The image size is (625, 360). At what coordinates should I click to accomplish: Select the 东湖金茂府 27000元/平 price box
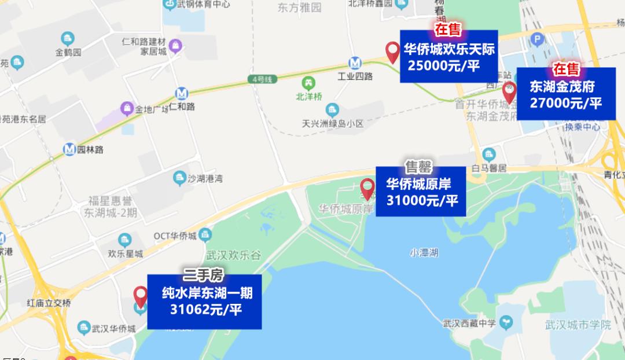click(x=565, y=94)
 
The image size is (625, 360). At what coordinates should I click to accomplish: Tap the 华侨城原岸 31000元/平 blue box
click(x=421, y=192)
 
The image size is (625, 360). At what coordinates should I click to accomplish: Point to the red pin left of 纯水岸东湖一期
click(x=141, y=296)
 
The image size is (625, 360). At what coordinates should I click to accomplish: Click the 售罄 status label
click(x=418, y=168)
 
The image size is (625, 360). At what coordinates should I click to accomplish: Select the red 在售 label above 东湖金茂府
click(x=565, y=69)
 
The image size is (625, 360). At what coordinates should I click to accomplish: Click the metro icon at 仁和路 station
click(x=182, y=93)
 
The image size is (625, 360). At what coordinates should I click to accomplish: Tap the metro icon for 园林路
click(x=69, y=149)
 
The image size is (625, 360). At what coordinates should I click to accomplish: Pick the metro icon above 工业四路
click(x=355, y=63)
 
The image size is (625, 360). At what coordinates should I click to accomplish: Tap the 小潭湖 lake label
click(x=424, y=252)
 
